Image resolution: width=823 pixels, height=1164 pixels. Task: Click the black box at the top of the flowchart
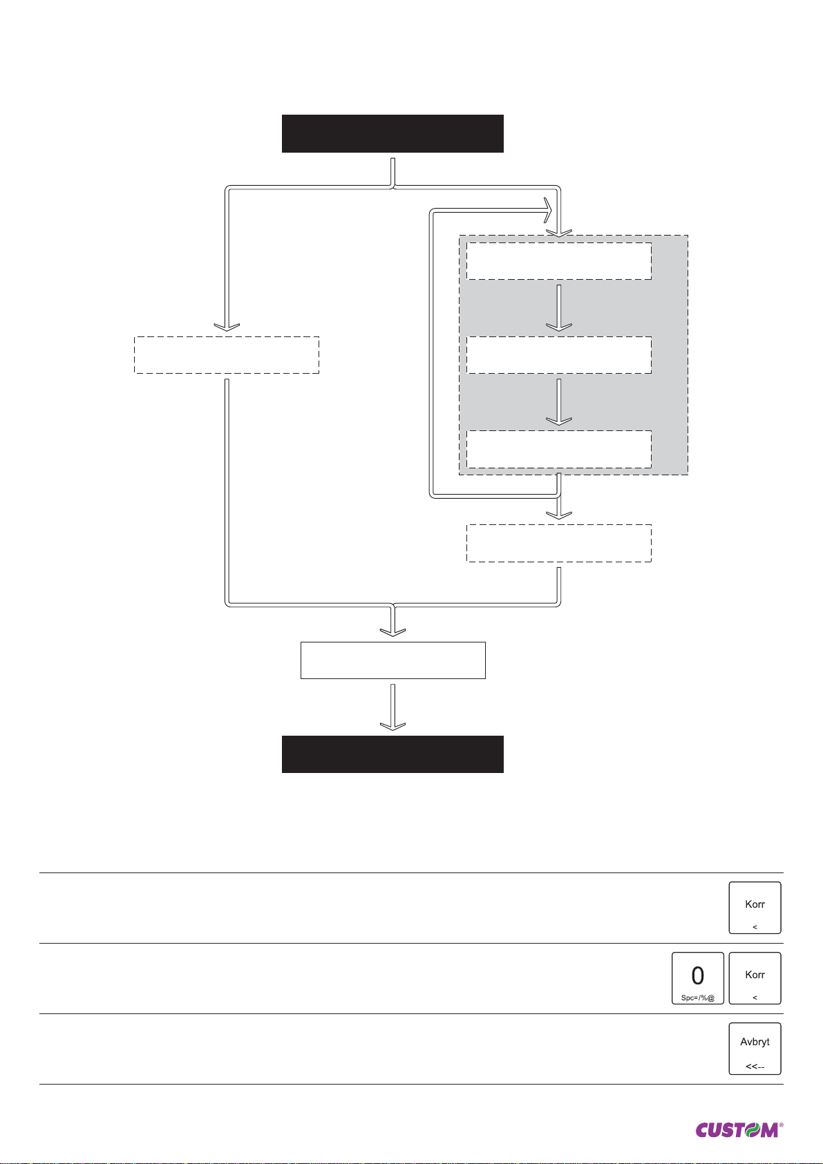coord(392,133)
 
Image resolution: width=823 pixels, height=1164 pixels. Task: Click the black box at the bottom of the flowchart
coord(392,754)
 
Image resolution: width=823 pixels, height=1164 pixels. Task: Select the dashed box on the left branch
coord(227,355)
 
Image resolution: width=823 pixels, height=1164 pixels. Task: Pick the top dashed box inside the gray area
coord(559,261)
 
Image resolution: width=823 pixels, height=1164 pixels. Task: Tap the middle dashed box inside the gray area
coord(559,355)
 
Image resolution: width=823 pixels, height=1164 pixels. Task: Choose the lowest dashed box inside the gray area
coord(559,449)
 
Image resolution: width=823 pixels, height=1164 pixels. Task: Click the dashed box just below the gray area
coord(559,543)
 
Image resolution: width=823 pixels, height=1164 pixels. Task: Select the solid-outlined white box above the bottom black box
coord(392,660)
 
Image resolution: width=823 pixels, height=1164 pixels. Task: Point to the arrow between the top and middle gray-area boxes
coord(559,308)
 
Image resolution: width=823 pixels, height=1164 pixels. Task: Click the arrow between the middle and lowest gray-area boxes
coord(559,402)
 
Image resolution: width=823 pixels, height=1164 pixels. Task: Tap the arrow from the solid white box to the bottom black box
coord(392,707)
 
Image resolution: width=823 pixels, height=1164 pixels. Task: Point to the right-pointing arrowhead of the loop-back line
coord(547,207)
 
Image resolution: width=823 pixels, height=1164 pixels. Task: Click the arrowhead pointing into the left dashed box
coord(227,327)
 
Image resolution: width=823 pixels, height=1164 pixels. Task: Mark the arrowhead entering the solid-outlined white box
coord(392,631)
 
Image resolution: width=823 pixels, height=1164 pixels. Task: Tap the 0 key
coord(698,977)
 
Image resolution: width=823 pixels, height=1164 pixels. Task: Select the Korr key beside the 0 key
coord(755,977)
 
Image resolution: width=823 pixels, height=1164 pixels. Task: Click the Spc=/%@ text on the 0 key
coord(698,998)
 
